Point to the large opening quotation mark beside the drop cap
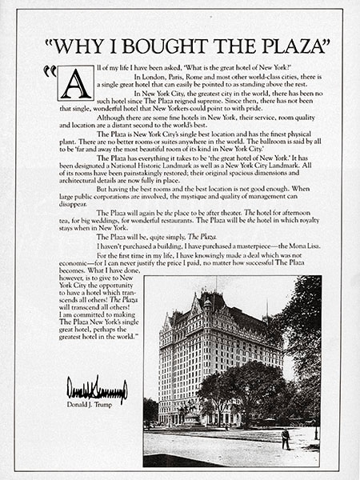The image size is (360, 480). [x=50, y=72]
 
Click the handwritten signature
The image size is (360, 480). [x=96, y=390]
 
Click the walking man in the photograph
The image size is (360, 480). [x=286, y=438]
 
